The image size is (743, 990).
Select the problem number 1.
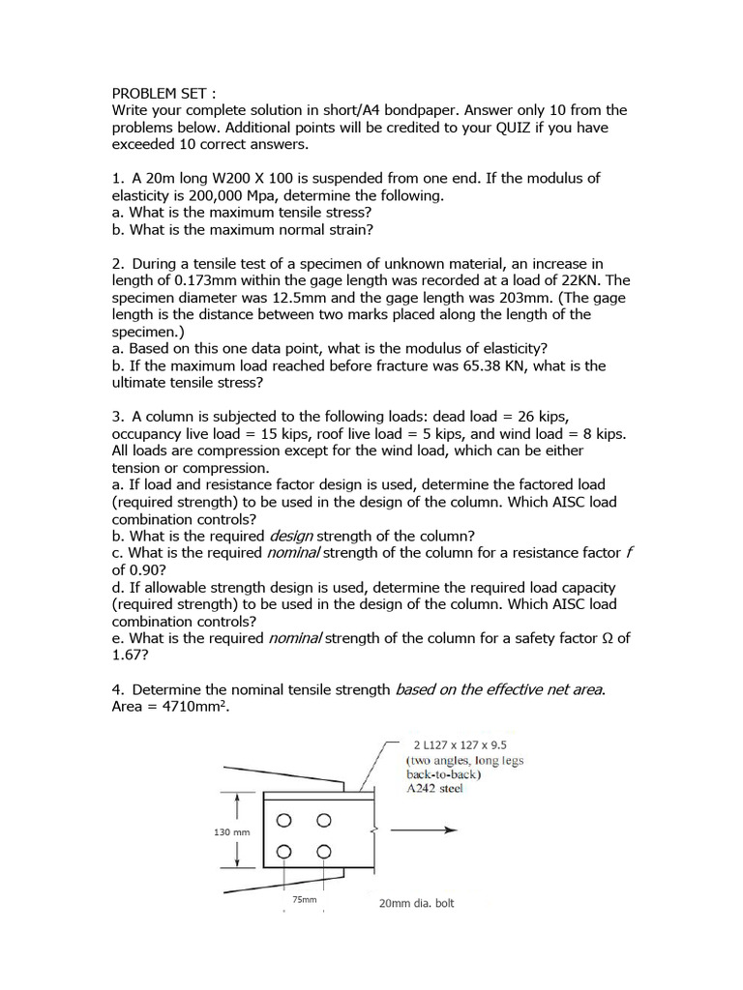click(117, 178)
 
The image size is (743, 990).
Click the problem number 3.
click(117, 417)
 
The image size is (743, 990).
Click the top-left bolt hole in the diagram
click(283, 821)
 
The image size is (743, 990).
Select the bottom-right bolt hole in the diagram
click(324, 852)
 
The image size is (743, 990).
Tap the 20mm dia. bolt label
click(416, 903)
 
